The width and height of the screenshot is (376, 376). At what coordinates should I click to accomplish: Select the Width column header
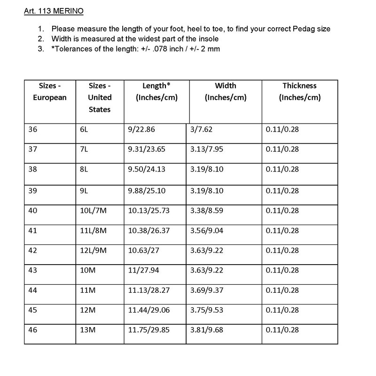point(226,92)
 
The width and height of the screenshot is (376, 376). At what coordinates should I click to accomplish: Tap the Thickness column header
point(299,92)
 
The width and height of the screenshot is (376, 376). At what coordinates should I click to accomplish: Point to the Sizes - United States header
point(100,97)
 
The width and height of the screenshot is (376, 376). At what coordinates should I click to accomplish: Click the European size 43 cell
point(32,271)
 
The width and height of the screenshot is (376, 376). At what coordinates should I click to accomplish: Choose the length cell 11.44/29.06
point(146,310)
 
